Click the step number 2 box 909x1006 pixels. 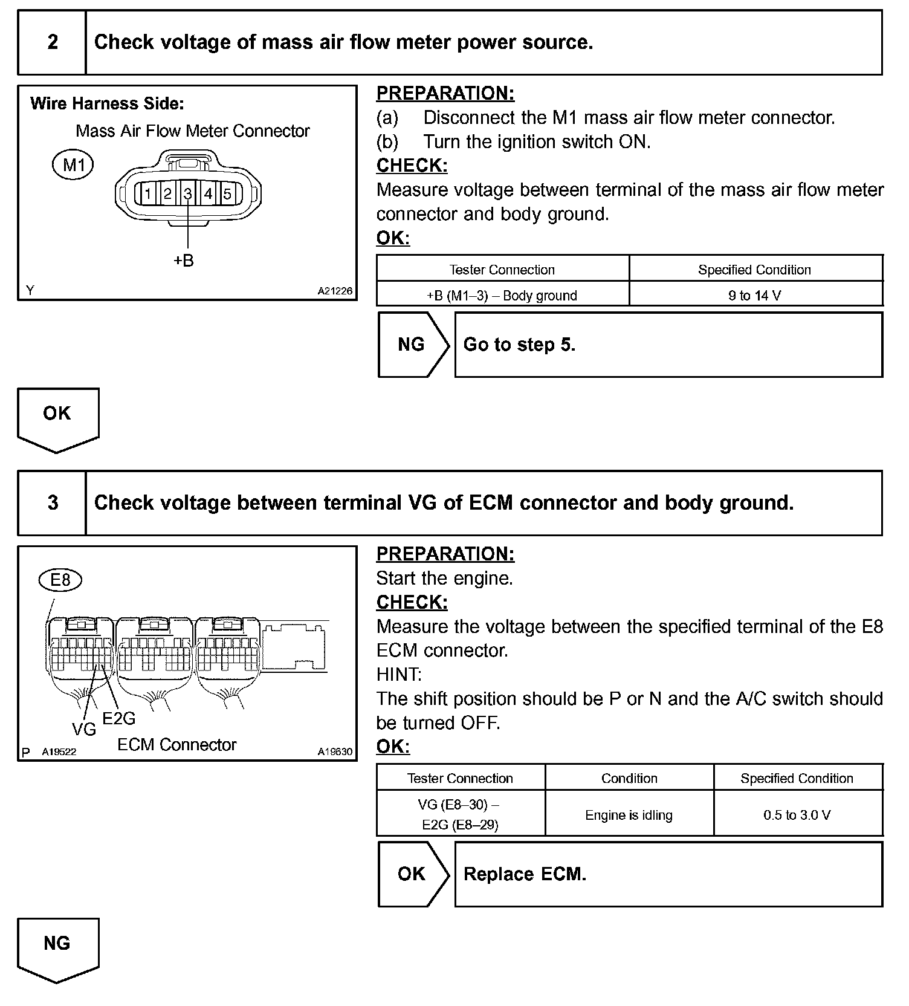(x=53, y=42)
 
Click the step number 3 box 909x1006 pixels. (x=53, y=503)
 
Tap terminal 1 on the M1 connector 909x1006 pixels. (x=147, y=194)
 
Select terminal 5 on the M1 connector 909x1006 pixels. (x=228, y=194)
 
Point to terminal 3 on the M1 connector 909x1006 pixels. (x=188, y=194)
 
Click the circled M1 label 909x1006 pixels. (x=73, y=165)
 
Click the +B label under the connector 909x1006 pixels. (x=184, y=261)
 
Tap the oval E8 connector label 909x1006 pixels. (x=60, y=580)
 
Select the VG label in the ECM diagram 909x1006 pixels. (x=84, y=730)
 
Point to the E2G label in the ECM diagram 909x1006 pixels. (x=119, y=718)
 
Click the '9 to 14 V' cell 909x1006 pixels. (x=755, y=296)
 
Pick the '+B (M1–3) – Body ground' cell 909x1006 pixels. (x=502, y=296)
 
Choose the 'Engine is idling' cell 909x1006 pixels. (x=629, y=815)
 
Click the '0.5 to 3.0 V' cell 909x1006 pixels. (x=797, y=815)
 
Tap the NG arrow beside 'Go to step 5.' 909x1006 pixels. (x=413, y=345)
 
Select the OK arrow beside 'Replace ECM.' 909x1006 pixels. (x=413, y=874)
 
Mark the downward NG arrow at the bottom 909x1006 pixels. (x=57, y=948)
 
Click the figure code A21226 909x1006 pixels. (x=335, y=291)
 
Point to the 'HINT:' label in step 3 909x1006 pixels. (x=399, y=675)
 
